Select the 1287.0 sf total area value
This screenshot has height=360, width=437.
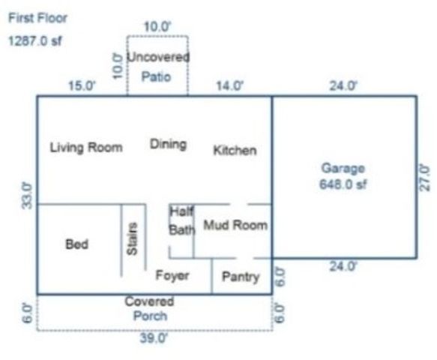(x=35, y=41)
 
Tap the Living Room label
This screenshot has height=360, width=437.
(x=86, y=147)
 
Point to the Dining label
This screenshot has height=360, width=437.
(x=168, y=144)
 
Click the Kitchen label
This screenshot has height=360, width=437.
(x=235, y=150)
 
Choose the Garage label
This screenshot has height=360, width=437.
(x=343, y=168)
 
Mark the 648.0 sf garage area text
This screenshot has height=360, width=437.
(x=343, y=182)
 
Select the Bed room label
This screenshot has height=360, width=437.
(x=76, y=244)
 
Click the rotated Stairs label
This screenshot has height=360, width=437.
(x=133, y=238)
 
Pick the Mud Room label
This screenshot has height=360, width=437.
(x=235, y=225)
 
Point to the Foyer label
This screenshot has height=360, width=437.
(x=172, y=275)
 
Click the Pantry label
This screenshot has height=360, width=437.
(x=241, y=277)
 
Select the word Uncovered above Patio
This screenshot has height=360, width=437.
(x=158, y=57)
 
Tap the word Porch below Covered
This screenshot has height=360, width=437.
(x=150, y=316)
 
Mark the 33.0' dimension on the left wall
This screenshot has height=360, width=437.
(x=27, y=195)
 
